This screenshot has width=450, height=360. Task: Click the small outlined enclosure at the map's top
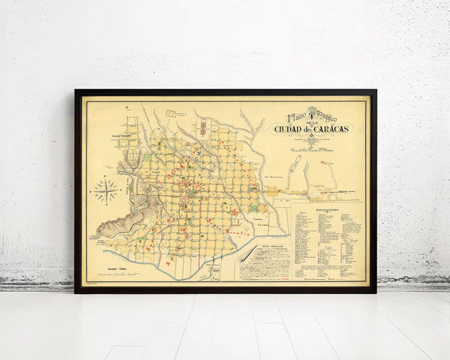pyautogui.click(x=170, y=113)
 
